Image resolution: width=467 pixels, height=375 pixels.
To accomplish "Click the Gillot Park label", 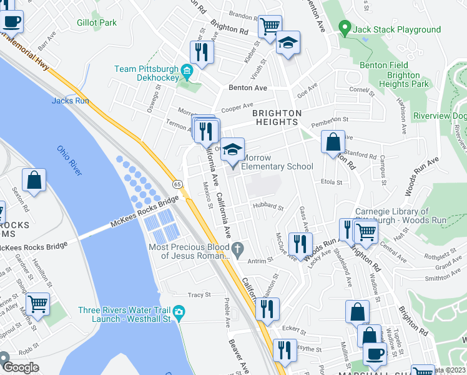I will click(x=97, y=22).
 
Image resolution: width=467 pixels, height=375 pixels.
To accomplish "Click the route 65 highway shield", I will click(x=177, y=184).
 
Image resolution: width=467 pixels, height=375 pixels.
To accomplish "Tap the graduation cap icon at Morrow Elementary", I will click(x=233, y=151).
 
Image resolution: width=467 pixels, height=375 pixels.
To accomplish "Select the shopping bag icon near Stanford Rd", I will click(x=333, y=141).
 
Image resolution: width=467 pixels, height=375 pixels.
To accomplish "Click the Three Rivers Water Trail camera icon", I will click(x=179, y=312).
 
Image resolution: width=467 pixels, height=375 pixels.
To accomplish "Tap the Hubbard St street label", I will click(x=268, y=206).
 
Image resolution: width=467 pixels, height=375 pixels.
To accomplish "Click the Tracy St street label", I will click(x=199, y=294).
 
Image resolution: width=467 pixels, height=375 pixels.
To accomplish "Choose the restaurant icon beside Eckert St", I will click(x=267, y=309).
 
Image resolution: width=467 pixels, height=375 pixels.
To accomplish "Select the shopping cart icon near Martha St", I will click(x=38, y=304).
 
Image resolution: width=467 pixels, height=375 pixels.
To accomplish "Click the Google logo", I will click(x=20, y=367).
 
